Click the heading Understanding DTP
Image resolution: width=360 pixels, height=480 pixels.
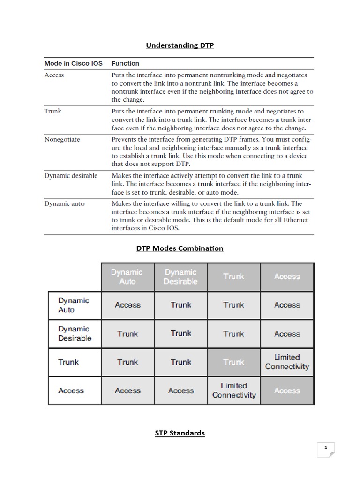point(180,45)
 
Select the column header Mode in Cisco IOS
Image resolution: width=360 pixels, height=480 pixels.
point(73,63)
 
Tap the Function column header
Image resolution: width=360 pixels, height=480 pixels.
point(125,63)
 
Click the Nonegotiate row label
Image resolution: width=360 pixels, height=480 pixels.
point(63,139)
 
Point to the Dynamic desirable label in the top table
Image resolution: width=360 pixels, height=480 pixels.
point(71,175)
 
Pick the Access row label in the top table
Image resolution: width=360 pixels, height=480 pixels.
point(54,75)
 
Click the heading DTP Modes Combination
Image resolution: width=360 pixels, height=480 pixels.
point(180,248)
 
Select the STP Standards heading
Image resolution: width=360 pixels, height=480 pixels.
point(180,433)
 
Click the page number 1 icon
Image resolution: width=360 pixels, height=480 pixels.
point(325,448)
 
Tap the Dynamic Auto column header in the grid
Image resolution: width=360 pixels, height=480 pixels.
point(127,277)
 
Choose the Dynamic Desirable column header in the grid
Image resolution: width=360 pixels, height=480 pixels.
point(180,277)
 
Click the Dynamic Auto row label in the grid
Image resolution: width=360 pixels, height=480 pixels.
point(74,305)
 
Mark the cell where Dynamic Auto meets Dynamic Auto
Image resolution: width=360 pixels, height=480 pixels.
point(127,305)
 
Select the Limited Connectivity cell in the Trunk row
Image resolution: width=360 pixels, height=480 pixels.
point(287,362)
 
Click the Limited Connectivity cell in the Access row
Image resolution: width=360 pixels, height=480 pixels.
point(234,390)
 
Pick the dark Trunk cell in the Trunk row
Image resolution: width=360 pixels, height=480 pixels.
point(234,362)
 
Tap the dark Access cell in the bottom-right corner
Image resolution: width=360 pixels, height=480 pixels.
point(287,390)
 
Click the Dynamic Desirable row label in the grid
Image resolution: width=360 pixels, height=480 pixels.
point(75,334)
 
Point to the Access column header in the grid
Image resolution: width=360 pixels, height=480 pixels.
point(287,277)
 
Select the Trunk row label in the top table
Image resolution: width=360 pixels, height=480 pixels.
point(52,112)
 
